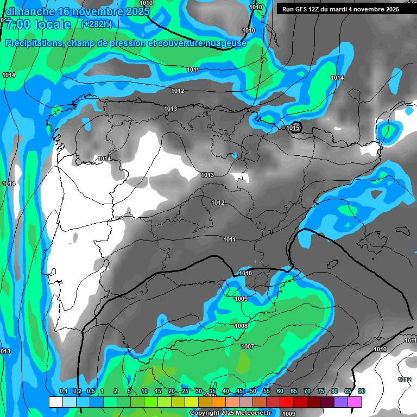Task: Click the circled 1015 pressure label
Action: point(293,128)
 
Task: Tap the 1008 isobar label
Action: point(241,326)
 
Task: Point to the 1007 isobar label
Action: point(248,346)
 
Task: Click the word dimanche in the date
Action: point(30,11)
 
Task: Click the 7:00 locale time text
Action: point(37,24)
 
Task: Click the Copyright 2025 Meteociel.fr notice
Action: point(230,413)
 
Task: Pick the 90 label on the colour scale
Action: point(361,391)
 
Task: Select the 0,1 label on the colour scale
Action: point(63,391)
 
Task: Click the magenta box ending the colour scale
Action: point(355,402)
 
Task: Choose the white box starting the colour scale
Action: point(55,402)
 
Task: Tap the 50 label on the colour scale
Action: point(253,391)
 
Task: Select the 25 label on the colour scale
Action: point(185,391)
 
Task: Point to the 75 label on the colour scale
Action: point(321,391)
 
